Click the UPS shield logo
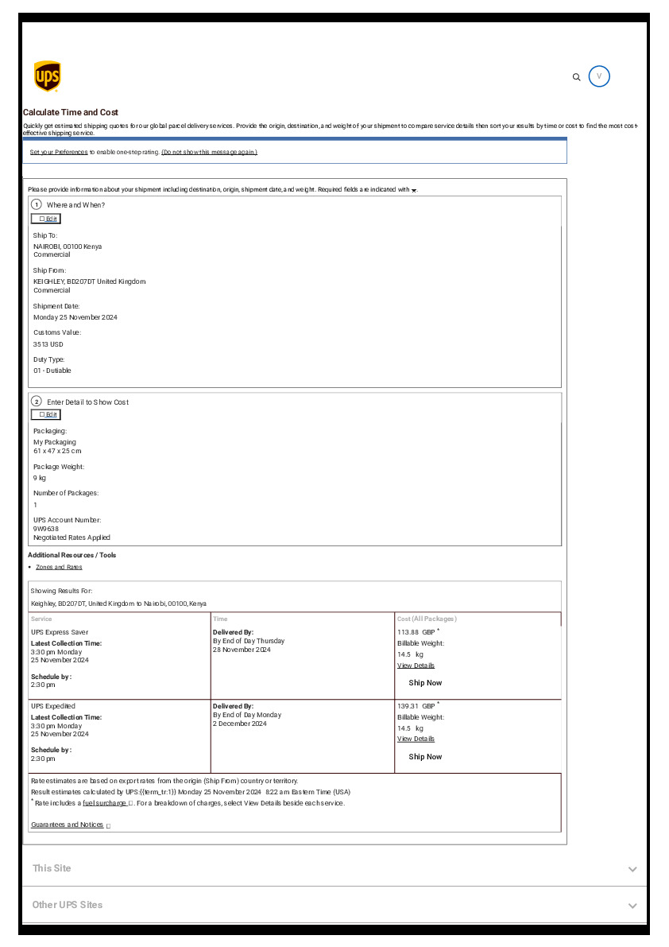[x=47, y=76]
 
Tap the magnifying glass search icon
[x=577, y=77]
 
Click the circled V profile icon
[x=599, y=76]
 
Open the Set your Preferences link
[x=59, y=152]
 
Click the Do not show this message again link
[x=209, y=152]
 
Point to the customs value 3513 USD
[x=48, y=344]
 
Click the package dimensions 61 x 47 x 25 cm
[x=57, y=451]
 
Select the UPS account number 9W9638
[x=46, y=529]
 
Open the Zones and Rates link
[x=59, y=567]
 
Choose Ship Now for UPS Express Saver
[x=425, y=683]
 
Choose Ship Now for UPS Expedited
[x=425, y=757]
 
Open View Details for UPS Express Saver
[x=416, y=666]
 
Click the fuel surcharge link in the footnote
[x=104, y=803]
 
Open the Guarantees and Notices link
[x=68, y=825]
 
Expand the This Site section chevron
[x=632, y=869]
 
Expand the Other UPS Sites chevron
[x=632, y=906]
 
